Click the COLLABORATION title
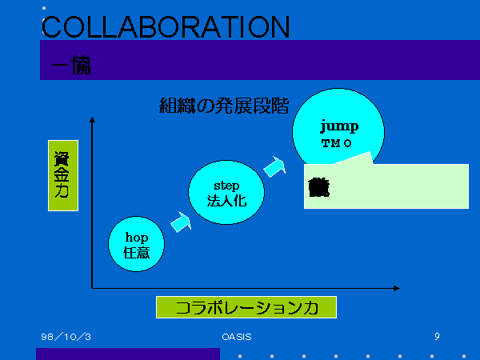click(165, 26)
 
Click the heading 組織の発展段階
click(224, 106)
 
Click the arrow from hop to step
click(182, 222)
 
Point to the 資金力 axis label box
click(62, 176)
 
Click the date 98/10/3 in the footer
click(66, 337)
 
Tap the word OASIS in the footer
click(237, 337)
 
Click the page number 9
click(437, 337)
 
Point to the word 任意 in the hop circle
click(137, 252)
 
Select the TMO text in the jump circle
click(337, 143)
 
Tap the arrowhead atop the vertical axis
click(93, 120)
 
